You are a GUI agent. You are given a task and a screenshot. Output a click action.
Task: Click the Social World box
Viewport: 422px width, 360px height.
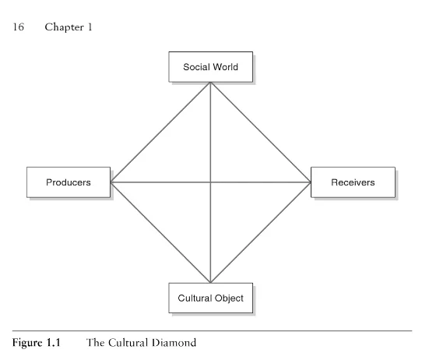click(210, 67)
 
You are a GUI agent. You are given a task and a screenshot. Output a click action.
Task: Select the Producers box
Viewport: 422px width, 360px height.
click(68, 182)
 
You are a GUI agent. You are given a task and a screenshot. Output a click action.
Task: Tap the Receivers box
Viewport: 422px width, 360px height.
click(352, 182)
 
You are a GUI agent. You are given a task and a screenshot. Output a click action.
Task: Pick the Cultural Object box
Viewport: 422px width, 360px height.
click(210, 298)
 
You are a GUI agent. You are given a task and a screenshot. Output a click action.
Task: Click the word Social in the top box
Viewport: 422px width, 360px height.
click(196, 67)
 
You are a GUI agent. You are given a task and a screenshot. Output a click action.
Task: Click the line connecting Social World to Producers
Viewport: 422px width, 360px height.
click(160, 132)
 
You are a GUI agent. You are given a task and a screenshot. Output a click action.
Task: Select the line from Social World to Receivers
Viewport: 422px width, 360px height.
click(261, 132)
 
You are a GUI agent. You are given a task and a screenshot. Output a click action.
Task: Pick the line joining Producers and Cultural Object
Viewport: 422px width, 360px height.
click(160, 232)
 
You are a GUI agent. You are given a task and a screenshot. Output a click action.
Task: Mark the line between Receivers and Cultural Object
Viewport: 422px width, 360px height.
click(261, 232)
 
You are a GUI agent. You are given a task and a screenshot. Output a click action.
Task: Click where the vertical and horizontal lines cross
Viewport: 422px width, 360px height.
click(211, 182)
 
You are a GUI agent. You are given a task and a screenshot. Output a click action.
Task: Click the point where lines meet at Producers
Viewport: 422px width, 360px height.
click(111, 182)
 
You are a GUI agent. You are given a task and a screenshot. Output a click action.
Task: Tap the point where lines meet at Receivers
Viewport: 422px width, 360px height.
click(311, 182)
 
